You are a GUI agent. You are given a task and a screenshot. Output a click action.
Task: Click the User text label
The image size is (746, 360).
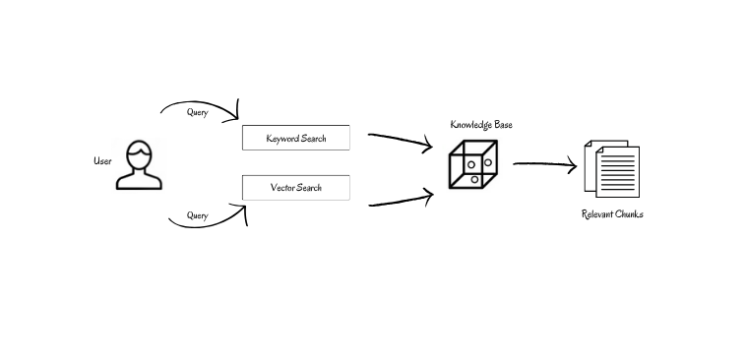click(102, 160)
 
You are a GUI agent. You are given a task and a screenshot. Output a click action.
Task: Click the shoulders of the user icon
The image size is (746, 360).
click(139, 180)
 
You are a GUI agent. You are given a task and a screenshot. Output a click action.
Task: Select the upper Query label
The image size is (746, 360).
click(197, 112)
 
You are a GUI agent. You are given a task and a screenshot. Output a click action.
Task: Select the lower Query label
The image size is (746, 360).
click(197, 215)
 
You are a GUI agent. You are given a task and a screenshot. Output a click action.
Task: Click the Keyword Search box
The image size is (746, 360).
click(296, 139)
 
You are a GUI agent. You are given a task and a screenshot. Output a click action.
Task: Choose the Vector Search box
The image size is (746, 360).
click(296, 187)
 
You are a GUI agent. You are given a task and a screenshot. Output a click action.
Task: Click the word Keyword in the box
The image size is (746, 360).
click(283, 139)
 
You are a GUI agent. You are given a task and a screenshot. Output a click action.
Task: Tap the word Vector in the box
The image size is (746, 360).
click(284, 187)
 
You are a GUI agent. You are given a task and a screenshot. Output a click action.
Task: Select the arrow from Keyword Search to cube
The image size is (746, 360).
click(400, 141)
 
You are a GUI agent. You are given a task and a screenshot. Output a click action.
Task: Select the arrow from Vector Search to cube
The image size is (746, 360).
click(400, 200)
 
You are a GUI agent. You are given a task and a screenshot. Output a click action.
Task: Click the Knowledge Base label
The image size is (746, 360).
click(481, 125)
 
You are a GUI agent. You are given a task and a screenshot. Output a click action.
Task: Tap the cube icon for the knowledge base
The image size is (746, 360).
click(473, 164)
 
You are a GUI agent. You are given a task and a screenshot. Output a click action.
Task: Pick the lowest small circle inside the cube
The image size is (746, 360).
click(474, 179)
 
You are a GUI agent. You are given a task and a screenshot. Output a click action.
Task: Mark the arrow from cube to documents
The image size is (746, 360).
click(544, 165)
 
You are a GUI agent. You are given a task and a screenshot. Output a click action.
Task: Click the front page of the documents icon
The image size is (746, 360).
click(616, 173)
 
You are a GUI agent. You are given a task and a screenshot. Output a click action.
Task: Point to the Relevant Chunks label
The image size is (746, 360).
click(612, 214)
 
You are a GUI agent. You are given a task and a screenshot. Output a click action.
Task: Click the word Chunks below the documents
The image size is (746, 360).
click(628, 214)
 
